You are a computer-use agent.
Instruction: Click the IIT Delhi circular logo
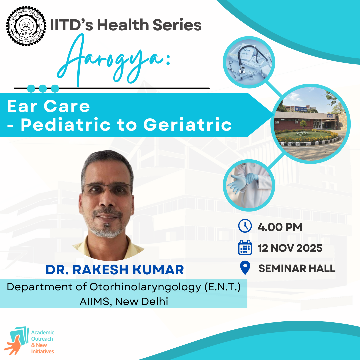click(x=26, y=26)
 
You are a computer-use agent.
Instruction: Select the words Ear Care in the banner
click(x=48, y=106)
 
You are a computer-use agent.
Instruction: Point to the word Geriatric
click(x=188, y=125)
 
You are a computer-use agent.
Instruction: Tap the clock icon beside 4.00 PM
click(x=245, y=226)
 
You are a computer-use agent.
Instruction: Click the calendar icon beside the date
click(x=245, y=247)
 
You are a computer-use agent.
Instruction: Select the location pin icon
click(x=245, y=268)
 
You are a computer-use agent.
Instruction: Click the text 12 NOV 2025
click(x=290, y=248)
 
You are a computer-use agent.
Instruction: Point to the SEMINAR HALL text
click(x=297, y=268)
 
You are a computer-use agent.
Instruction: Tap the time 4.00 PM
click(x=280, y=227)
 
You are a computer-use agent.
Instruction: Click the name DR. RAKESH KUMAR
click(x=115, y=270)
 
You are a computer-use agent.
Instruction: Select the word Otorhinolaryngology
click(x=145, y=287)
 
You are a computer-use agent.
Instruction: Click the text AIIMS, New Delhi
click(x=124, y=301)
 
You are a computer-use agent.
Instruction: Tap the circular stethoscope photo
click(x=249, y=62)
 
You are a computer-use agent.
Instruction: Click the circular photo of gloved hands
click(x=249, y=185)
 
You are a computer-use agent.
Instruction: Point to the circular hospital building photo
click(x=311, y=124)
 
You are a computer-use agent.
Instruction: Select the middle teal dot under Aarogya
click(x=43, y=88)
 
